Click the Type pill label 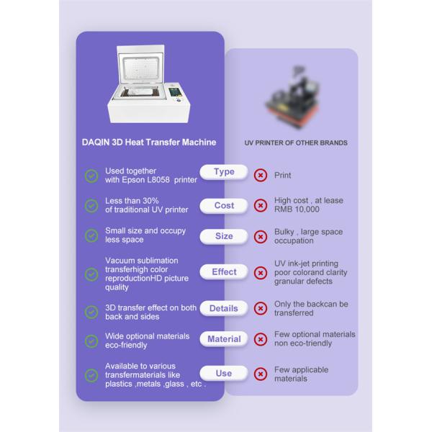[224, 172]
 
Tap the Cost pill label [224, 205]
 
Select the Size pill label [224, 236]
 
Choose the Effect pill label [224, 272]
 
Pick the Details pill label [224, 308]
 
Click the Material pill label [224, 339]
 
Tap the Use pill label [224, 373]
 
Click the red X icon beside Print [261, 175]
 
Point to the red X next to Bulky [261, 237]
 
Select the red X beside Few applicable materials [261, 374]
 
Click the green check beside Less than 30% [91, 205]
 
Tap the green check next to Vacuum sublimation [91, 274]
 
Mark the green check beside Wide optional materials [91, 341]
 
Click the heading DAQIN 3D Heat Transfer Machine [149, 142]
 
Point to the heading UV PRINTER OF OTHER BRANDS [296, 143]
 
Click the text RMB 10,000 [297, 210]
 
